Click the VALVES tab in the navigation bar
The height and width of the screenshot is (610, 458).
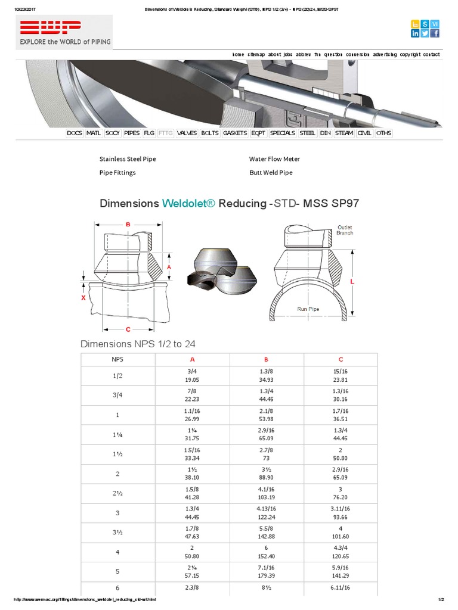click(x=187, y=133)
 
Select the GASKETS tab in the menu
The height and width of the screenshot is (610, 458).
click(x=234, y=133)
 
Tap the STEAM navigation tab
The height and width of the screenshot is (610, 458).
click(x=343, y=133)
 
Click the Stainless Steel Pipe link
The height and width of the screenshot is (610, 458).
click(x=128, y=159)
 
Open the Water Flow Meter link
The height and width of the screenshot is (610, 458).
click(x=274, y=159)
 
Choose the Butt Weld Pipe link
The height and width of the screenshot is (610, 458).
click(x=271, y=172)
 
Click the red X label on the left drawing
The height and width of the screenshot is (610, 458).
click(x=83, y=297)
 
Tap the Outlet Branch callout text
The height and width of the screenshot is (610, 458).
click(x=345, y=230)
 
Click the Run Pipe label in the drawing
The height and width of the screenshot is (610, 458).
click(x=308, y=309)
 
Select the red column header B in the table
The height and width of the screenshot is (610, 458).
click(x=267, y=359)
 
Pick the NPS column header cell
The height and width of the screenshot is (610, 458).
click(x=117, y=359)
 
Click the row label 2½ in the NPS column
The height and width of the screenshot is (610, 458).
click(x=117, y=493)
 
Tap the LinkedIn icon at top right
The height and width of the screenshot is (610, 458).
click(x=416, y=33)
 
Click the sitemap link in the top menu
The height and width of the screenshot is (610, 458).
click(x=256, y=54)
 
